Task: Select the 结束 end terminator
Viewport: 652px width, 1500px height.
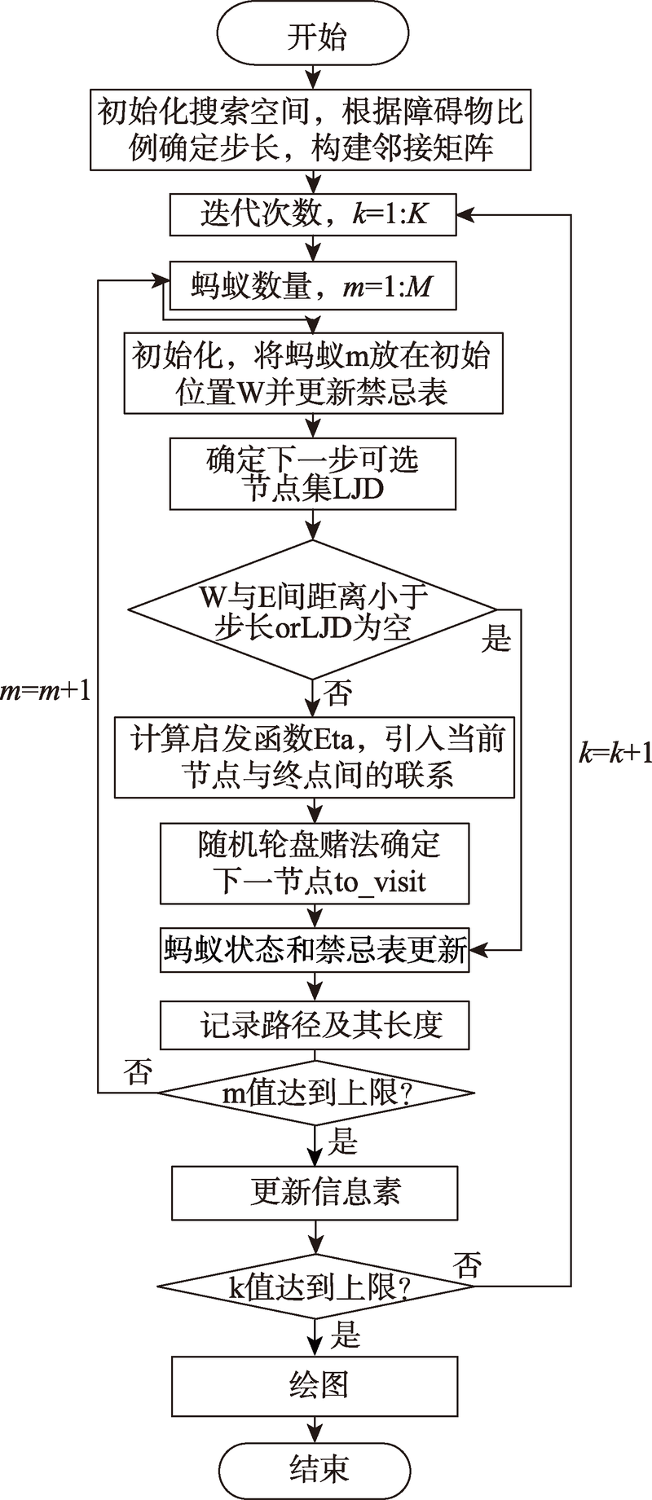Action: pyautogui.click(x=315, y=1467)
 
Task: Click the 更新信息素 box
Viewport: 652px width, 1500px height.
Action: pyautogui.click(x=315, y=1192)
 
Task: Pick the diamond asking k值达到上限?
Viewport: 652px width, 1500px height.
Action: pyautogui.click(x=315, y=1288)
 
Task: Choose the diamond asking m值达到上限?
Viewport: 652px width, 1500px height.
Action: pyautogui.click(x=315, y=1093)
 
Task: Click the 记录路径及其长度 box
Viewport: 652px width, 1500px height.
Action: pyautogui.click(x=315, y=1024)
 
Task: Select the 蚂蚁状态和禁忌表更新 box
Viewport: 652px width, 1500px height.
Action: pyautogui.click(x=315, y=950)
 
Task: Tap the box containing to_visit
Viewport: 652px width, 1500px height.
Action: pyautogui.click(x=315, y=863)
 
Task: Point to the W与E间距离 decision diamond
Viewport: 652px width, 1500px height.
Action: pyautogui.click(x=313, y=609)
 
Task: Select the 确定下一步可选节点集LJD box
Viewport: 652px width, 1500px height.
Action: pyautogui.click(x=313, y=474)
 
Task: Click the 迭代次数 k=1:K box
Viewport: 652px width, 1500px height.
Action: pyautogui.click(x=313, y=214)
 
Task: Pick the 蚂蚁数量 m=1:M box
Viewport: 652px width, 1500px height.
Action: pyautogui.click(x=313, y=286)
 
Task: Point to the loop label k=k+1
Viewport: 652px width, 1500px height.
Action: pyautogui.click(x=615, y=752)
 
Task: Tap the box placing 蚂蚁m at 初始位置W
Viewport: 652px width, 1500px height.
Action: pyautogui.click(x=313, y=373)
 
